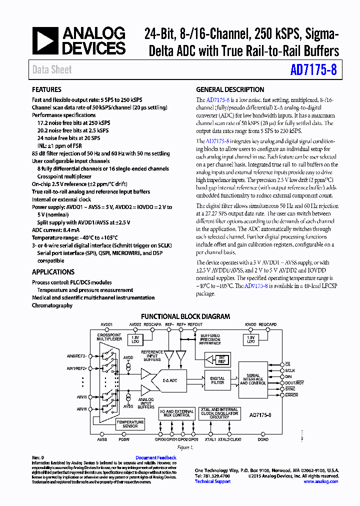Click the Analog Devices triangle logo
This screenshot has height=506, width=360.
[45, 40]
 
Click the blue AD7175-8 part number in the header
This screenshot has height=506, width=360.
[313, 70]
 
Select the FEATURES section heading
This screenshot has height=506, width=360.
[47, 90]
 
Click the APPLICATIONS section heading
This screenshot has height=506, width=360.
[53, 272]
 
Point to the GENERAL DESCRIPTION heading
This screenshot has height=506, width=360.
[230, 90]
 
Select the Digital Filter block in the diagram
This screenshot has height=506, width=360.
[217, 381]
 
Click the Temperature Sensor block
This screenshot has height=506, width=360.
[130, 424]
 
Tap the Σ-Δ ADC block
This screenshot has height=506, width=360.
[170, 380]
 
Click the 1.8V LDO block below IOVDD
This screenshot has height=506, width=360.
[250, 339]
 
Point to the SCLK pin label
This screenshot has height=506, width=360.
[291, 370]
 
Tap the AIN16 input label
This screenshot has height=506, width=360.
[81, 408]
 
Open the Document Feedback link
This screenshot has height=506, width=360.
[156, 457]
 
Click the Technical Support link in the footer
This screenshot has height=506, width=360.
[212, 481]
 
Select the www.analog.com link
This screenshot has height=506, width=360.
[320, 481]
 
